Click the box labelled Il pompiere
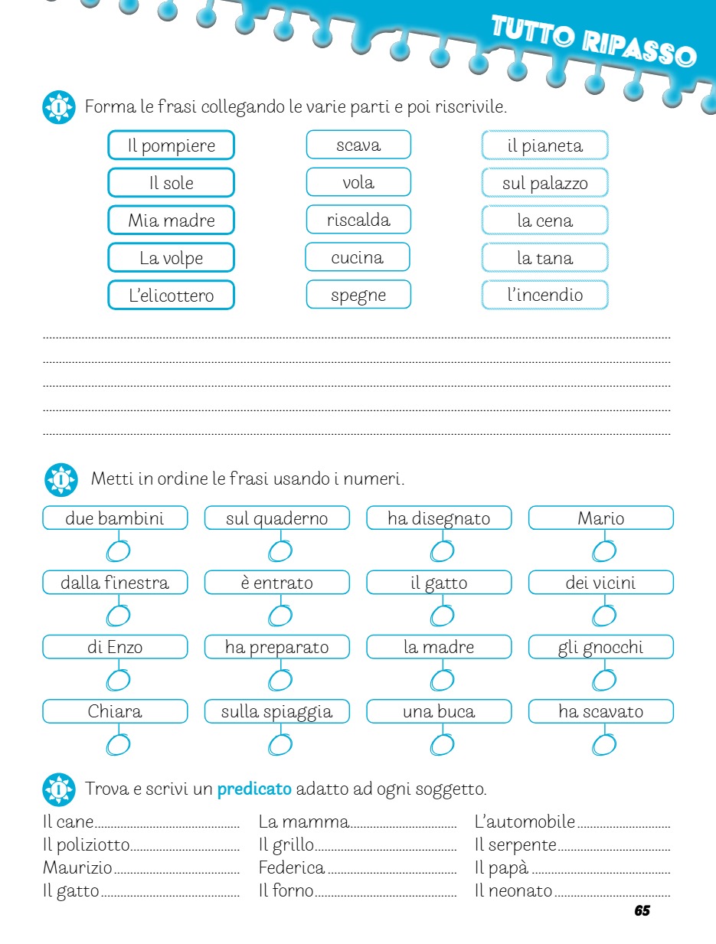point(171,145)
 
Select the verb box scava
point(358,145)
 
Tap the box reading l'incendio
point(544,295)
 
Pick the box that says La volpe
point(171,258)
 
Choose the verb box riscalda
point(358,220)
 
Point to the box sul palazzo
point(544,183)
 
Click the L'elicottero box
point(171,295)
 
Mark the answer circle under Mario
point(604,550)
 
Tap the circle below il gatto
point(442,615)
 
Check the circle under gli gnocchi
point(604,679)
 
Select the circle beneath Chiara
point(118,743)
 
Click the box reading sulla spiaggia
point(276,711)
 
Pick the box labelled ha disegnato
point(439,518)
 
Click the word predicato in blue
point(254,789)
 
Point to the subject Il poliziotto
point(86,845)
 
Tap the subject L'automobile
point(525,822)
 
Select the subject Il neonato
point(513,890)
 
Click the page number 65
point(642,911)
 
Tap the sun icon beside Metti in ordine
point(60,480)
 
